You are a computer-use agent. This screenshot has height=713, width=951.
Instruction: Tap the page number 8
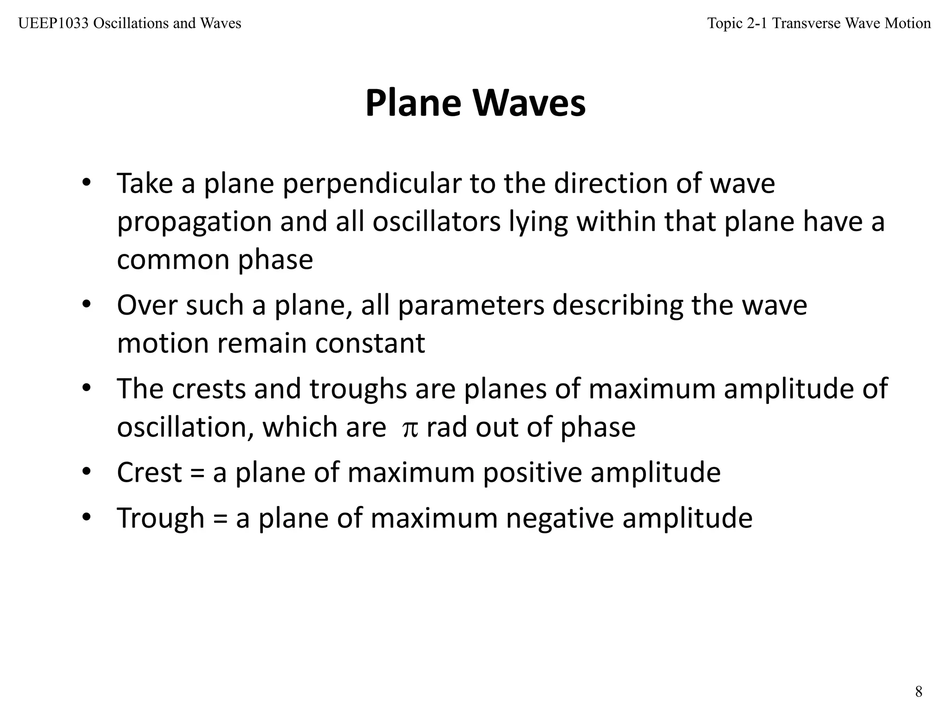pos(918,692)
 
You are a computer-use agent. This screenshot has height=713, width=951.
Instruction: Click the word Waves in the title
pos(529,103)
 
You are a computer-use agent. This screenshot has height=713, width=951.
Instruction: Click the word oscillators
pos(436,221)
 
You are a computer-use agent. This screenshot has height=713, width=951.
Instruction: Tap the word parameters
pos(471,306)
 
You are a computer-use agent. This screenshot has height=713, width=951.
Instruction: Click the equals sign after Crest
pos(197,473)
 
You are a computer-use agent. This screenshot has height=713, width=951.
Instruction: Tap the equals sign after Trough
pos(220,519)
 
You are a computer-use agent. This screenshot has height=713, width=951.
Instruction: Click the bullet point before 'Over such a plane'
pos(86,305)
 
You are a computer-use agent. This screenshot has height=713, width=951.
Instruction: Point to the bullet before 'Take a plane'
pos(86,183)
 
